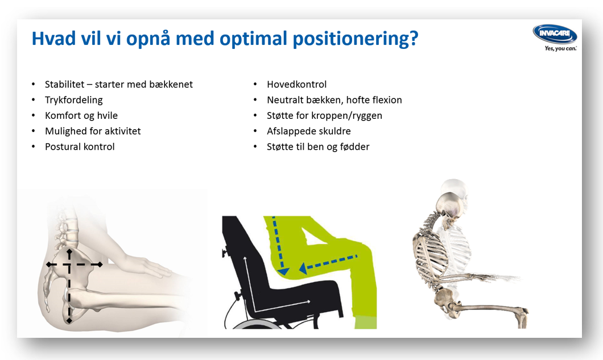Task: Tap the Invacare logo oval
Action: tap(555, 34)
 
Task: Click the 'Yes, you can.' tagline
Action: tap(560, 49)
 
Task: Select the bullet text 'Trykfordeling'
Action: tap(74, 100)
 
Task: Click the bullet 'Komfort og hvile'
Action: tap(81, 115)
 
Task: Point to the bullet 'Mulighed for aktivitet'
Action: tap(93, 131)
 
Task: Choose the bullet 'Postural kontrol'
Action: tap(80, 147)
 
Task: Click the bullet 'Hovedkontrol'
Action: tap(296, 85)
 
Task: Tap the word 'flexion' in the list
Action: tap(384, 100)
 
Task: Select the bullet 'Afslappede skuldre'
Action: tap(309, 131)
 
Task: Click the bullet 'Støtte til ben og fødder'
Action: tap(318, 147)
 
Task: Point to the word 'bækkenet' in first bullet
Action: tap(171, 85)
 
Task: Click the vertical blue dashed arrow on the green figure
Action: tap(279, 245)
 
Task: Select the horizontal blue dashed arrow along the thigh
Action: tap(330, 263)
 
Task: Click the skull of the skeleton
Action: tap(450, 202)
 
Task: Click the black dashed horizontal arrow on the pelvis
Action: tap(74, 264)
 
